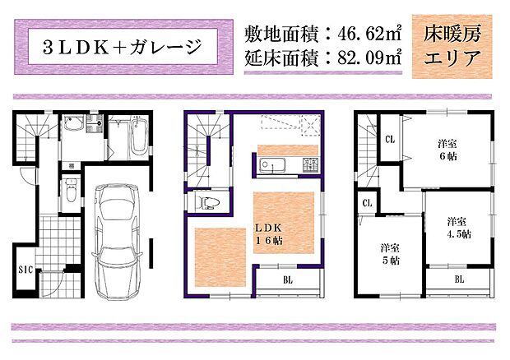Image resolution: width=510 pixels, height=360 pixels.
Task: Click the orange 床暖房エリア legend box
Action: point(452,47)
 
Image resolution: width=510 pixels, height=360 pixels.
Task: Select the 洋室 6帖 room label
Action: point(447,151)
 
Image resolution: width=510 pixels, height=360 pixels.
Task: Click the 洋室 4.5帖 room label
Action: point(458,227)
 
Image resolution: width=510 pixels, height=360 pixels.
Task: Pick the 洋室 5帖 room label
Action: point(390,253)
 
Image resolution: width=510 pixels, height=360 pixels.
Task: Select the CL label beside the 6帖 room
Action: point(390,139)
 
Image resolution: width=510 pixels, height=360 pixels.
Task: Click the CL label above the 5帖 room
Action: point(367,201)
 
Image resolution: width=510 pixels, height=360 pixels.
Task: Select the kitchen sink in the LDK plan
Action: point(271,164)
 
